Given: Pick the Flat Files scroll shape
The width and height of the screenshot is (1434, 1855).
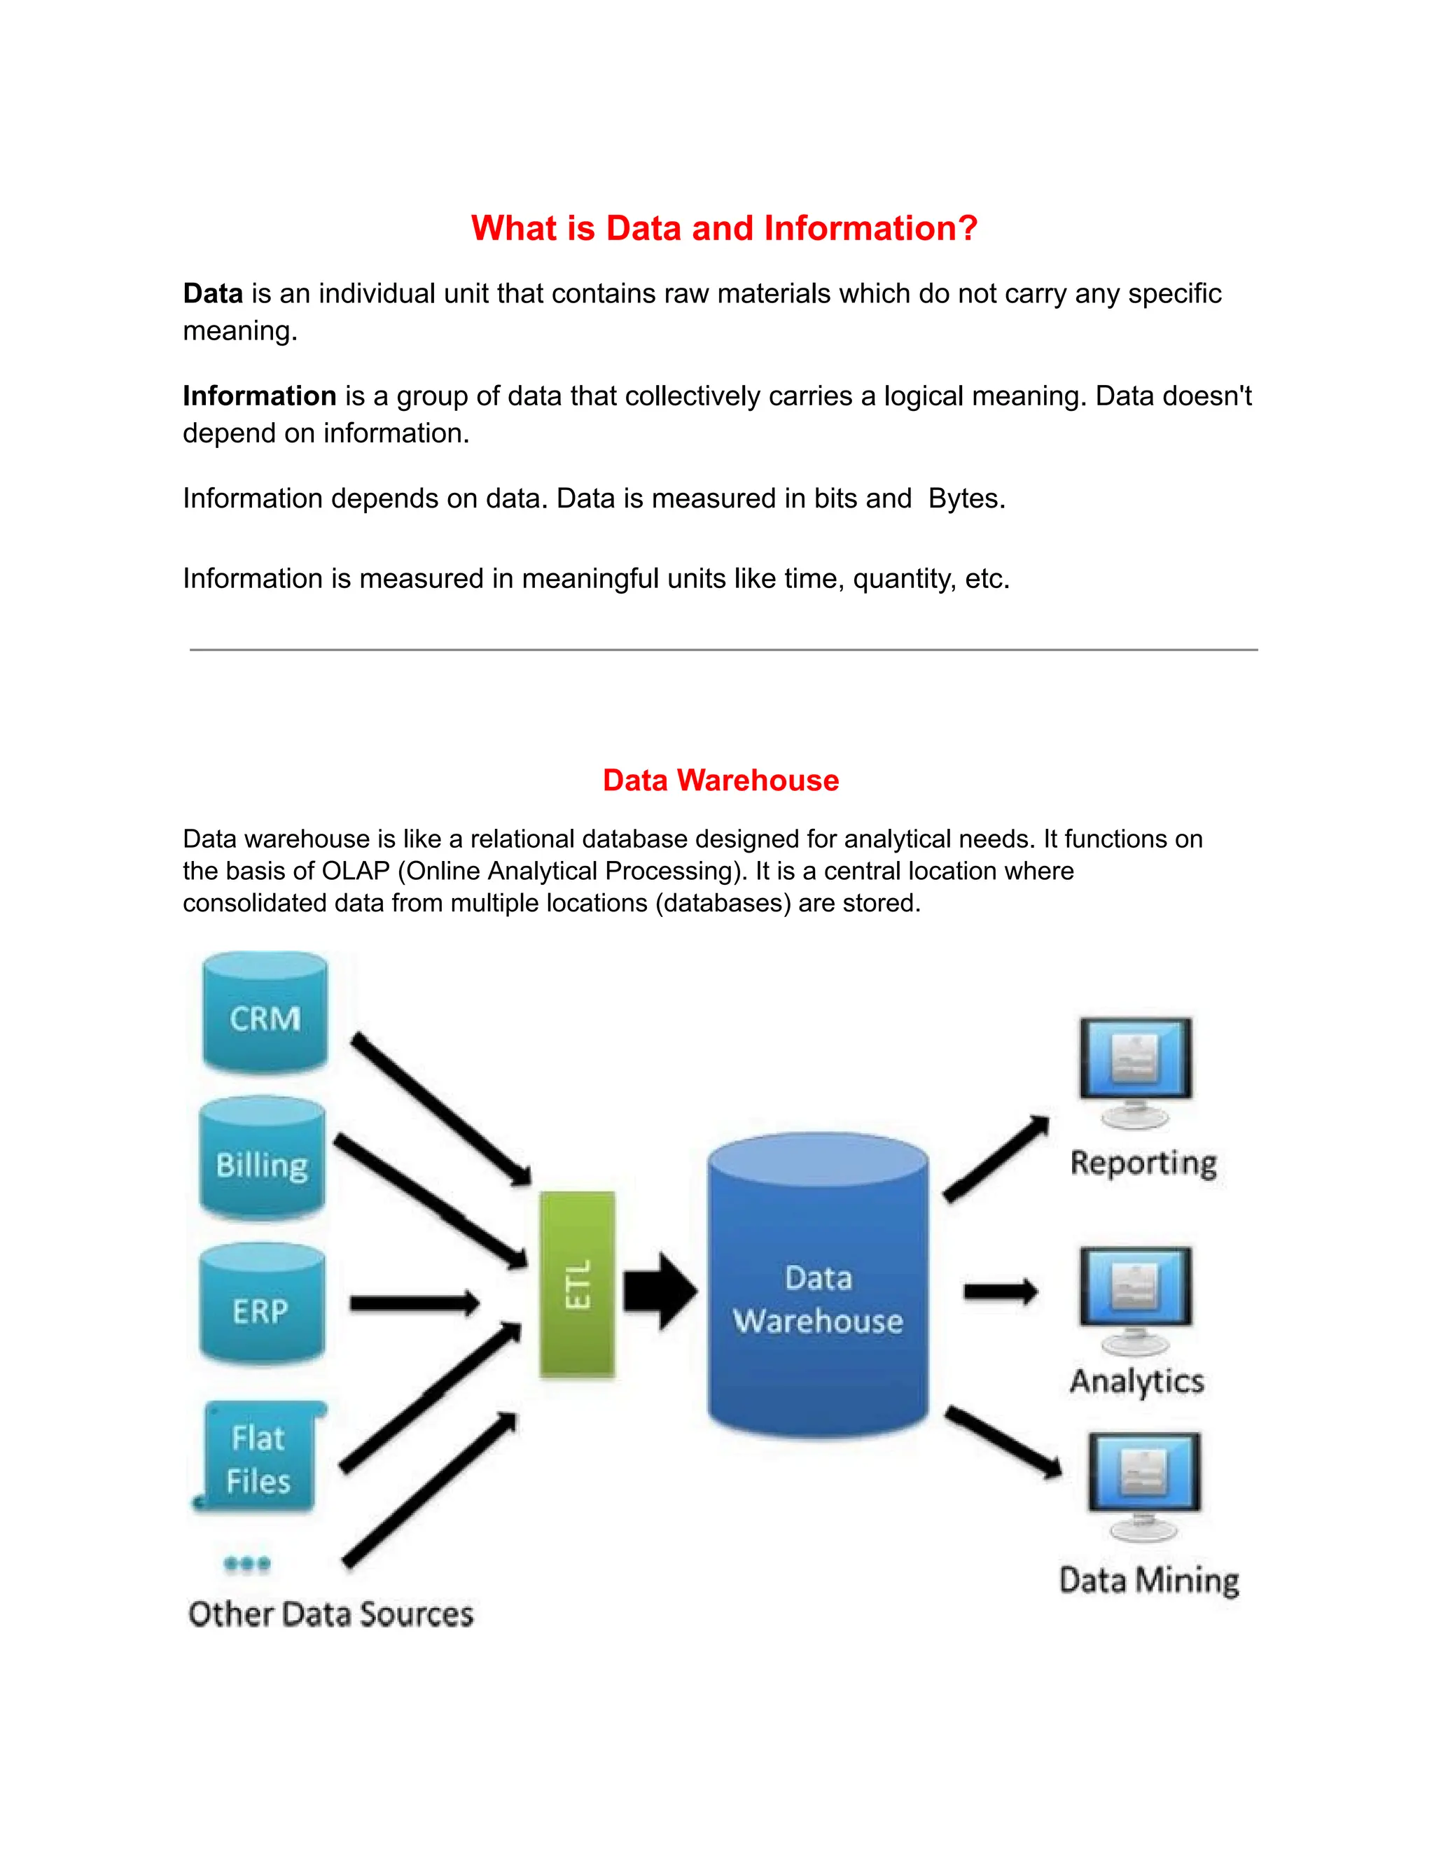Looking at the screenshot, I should tap(260, 1457).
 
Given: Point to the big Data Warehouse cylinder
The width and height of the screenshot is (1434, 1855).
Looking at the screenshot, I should tap(817, 1287).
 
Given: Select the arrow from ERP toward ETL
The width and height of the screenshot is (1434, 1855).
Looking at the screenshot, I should tap(415, 1303).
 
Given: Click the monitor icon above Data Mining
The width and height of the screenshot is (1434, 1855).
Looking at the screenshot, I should tap(1144, 1476).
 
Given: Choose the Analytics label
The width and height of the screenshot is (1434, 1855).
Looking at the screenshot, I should tap(1136, 1382).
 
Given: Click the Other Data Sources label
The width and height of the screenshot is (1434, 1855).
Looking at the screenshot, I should tap(330, 1613).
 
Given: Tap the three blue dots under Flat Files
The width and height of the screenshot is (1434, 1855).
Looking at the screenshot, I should tap(247, 1563).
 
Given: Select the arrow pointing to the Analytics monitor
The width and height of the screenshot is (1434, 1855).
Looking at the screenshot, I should tap(1000, 1292).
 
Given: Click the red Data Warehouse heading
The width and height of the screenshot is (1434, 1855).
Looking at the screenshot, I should tap(721, 780).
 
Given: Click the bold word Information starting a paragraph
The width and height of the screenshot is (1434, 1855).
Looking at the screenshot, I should tap(259, 395).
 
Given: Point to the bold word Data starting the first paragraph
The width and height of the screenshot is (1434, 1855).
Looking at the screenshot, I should tap(214, 294).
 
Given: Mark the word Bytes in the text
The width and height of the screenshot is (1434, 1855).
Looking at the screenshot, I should tap(965, 498).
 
